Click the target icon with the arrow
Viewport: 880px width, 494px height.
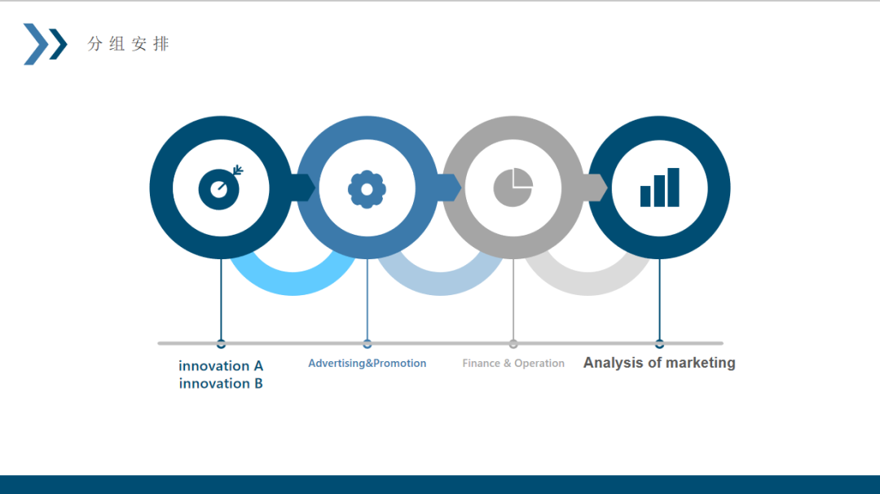point(220,188)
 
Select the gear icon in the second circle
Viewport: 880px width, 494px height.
point(367,189)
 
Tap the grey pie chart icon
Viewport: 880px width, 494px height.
point(513,187)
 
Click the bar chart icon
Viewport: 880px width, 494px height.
point(659,187)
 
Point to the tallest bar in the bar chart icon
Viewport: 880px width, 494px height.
point(674,187)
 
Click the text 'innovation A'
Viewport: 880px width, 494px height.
point(221,366)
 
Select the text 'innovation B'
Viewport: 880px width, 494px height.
point(221,383)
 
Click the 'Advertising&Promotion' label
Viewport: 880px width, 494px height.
point(367,364)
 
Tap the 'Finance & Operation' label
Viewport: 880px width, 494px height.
point(513,364)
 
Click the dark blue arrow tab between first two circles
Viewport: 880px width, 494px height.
point(303,187)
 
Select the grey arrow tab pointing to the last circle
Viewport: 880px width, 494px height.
point(596,187)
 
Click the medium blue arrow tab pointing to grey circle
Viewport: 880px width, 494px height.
point(449,187)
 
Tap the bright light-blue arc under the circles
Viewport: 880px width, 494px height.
point(293,284)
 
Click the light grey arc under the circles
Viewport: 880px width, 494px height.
point(587,284)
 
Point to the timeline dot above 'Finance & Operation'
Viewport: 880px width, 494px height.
point(513,343)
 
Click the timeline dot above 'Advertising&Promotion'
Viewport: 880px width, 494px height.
point(367,343)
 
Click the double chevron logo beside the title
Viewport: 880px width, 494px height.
point(45,44)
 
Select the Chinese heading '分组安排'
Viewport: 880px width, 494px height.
point(128,44)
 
